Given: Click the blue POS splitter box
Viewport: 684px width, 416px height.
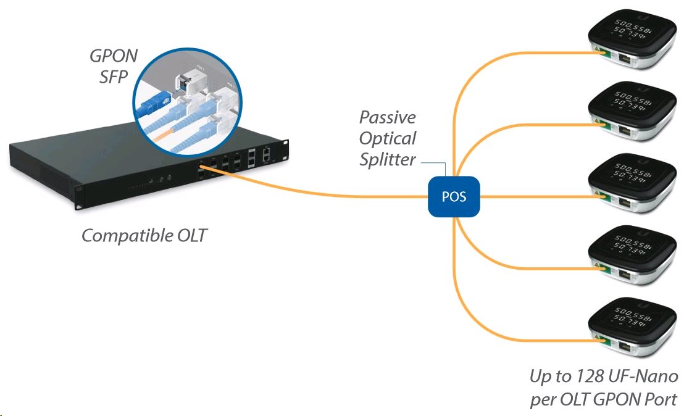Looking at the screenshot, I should point(454,197).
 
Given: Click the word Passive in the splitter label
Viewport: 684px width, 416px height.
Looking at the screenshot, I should point(388,117).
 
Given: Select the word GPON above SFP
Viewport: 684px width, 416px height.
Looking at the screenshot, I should point(114,56).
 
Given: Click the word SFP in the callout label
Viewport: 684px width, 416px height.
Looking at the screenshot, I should point(114,77).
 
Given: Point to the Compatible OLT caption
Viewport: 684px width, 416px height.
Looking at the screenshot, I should point(144,235).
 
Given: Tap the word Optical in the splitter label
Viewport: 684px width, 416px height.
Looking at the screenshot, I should point(388,138).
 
